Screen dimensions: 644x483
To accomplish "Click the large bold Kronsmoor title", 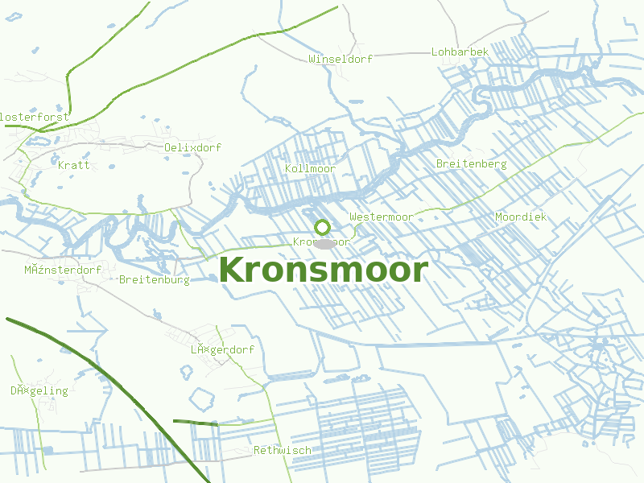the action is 323,270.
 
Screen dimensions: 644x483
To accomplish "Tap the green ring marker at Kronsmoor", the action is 323,228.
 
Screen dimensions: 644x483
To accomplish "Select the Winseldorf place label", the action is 340,59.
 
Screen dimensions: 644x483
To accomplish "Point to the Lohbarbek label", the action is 460,52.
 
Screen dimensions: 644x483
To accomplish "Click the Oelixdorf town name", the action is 192,147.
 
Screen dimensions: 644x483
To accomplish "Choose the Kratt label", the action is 74,165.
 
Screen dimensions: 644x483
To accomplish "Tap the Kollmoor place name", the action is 310,168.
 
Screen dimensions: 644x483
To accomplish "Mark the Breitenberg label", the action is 471,164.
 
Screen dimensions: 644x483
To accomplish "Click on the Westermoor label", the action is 382,217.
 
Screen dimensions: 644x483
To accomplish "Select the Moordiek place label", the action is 521,217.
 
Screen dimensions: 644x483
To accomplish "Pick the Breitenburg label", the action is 154,280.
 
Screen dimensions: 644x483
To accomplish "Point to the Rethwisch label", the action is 282,450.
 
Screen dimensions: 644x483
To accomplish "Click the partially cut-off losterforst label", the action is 35,117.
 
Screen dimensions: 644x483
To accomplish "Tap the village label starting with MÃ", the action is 63,270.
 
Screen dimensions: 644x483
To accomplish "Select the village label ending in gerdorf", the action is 222,350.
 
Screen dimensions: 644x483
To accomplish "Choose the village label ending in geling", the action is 39,391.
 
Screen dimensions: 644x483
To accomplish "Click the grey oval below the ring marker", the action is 324,243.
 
